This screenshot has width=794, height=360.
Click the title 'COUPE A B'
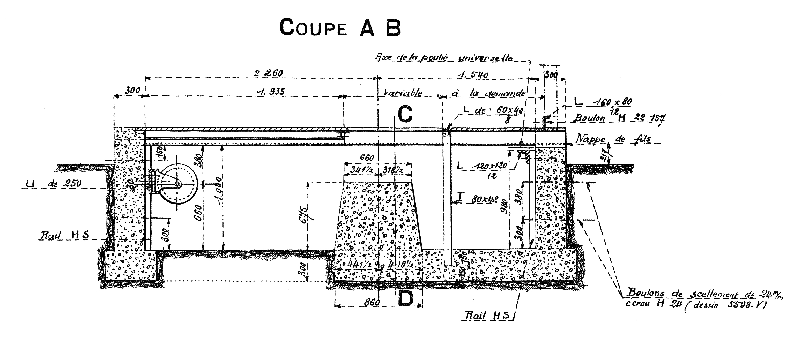[x=340, y=28]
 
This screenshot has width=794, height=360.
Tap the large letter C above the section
[x=405, y=114]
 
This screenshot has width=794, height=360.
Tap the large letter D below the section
[x=405, y=299]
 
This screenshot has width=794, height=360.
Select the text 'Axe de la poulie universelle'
[x=444, y=58]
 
